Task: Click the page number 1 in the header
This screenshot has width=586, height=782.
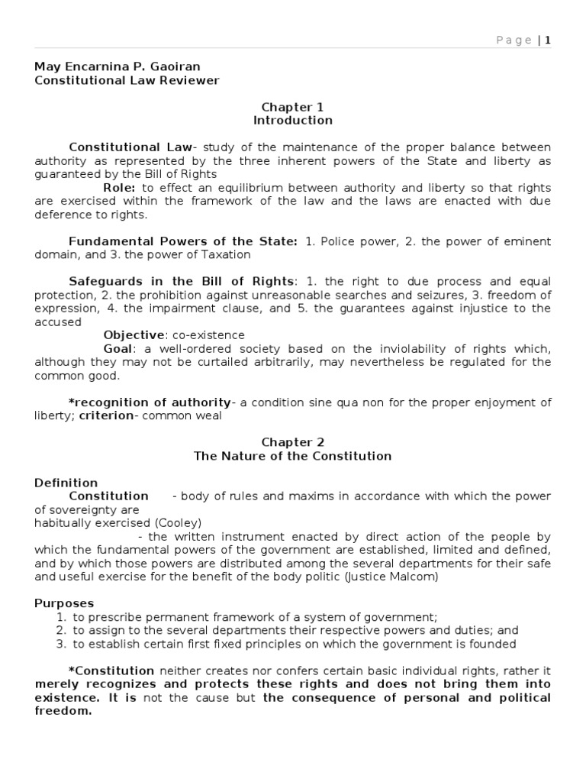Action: [x=547, y=40]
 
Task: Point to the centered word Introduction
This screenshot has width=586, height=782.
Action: [x=293, y=121]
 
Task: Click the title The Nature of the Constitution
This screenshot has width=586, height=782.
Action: [x=293, y=456]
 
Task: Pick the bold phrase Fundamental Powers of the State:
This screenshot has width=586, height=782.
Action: [x=183, y=241]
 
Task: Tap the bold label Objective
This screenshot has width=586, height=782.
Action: [x=134, y=335]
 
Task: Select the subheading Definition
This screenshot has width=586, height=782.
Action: [x=66, y=483]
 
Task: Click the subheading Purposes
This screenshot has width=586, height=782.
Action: [x=64, y=603]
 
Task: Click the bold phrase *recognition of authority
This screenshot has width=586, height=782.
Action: [x=150, y=402]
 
